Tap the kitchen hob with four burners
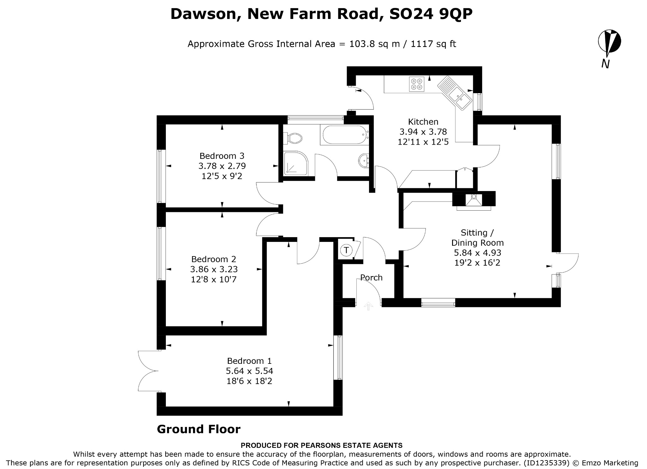coord(416,84)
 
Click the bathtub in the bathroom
coord(344,135)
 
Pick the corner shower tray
coord(296,163)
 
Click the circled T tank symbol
coord(347,250)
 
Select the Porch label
coord(372,278)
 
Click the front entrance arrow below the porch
coord(368,306)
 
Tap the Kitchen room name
coord(423,122)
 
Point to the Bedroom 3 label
coord(222,156)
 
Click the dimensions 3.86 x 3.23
coord(214,269)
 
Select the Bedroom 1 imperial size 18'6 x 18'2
coord(249,381)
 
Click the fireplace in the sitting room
coord(474,201)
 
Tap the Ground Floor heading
coord(199,429)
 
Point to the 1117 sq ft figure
coord(433,44)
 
